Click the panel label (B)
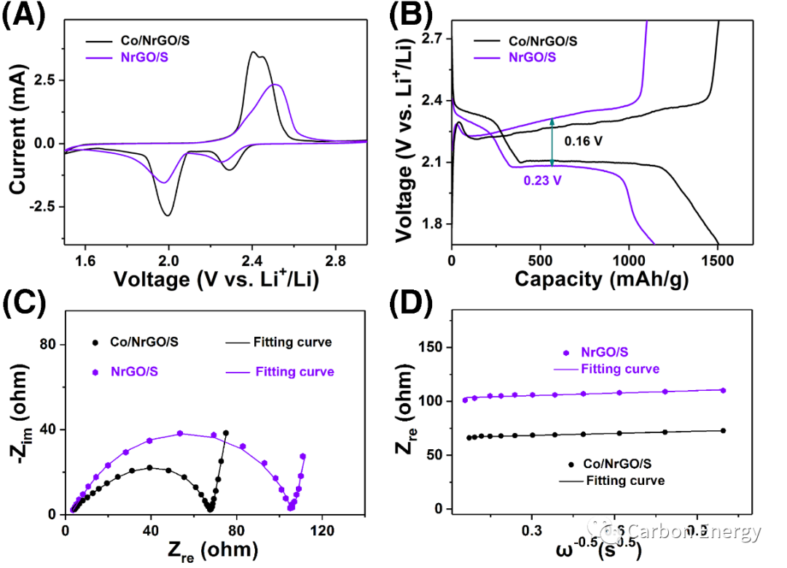click(x=414, y=17)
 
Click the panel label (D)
click(x=414, y=305)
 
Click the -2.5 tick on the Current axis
click(x=42, y=206)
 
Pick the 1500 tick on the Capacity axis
click(x=718, y=260)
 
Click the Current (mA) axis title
click(x=17, y=132)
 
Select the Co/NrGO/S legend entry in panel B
click(x=536, y=42)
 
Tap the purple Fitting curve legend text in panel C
click(x=294, y=372)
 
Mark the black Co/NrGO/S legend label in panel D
click(x=619, y=464)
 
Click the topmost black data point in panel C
click(x=226, y=433)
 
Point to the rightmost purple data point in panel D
click(x=723, y=390)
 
